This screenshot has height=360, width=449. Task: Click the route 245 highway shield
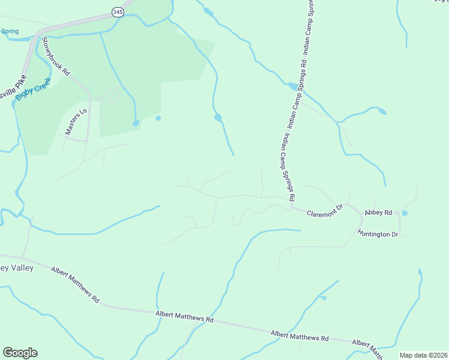[x=117, y=12]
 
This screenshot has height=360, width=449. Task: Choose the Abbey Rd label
[x=379, y=212]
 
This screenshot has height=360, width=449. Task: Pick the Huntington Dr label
[x=378, y=233]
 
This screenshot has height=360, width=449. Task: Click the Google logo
[x=20, y=353]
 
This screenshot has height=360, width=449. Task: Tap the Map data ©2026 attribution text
[x=423, y=355]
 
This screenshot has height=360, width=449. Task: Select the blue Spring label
[x=10, y=31]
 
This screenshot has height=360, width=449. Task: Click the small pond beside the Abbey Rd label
[x=404, y=213]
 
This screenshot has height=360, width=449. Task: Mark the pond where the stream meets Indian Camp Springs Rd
[x=293, y=86]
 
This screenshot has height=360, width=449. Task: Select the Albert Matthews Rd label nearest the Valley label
[x=75, y=284]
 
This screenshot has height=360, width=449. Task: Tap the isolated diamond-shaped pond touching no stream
[x=158, y=118]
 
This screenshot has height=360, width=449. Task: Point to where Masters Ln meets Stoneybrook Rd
[x=88, y=140]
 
